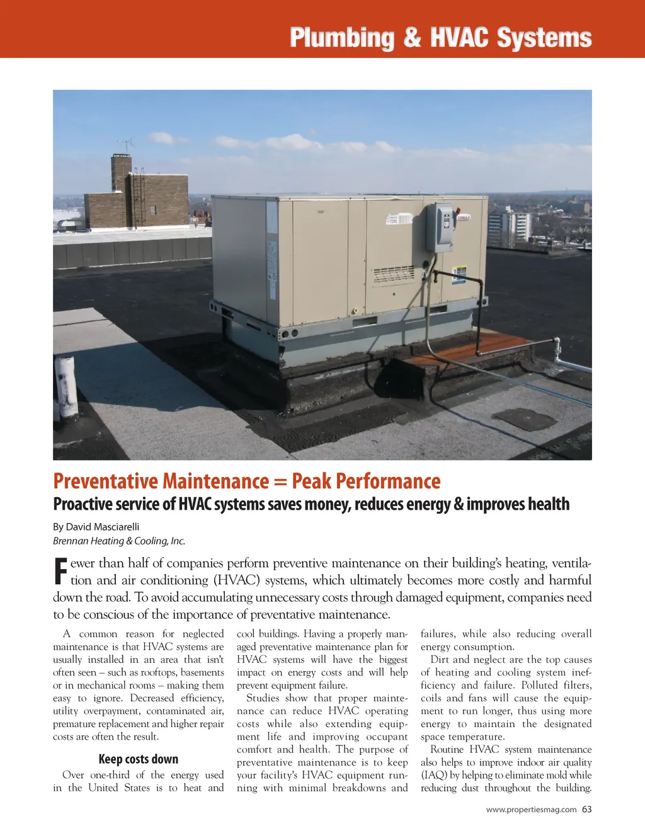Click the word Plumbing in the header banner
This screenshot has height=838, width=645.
[341, 38]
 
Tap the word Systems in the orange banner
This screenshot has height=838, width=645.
[544, 38]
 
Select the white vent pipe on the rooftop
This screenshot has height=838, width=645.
[66, 386]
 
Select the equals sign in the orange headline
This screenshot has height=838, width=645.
[280, 482]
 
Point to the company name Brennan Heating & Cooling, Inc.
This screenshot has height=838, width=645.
[119, 541]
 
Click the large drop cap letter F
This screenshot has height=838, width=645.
[60, 571]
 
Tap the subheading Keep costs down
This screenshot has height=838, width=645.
[139, 759]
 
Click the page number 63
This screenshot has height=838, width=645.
[586, 810]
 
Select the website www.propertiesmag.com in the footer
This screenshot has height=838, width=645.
[531, 810]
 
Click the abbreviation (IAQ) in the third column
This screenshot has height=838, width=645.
[433, 775]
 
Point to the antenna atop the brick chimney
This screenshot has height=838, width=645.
[127, 146]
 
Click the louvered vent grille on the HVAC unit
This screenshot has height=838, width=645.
[394, 275]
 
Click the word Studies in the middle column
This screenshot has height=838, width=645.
[263, 698]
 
